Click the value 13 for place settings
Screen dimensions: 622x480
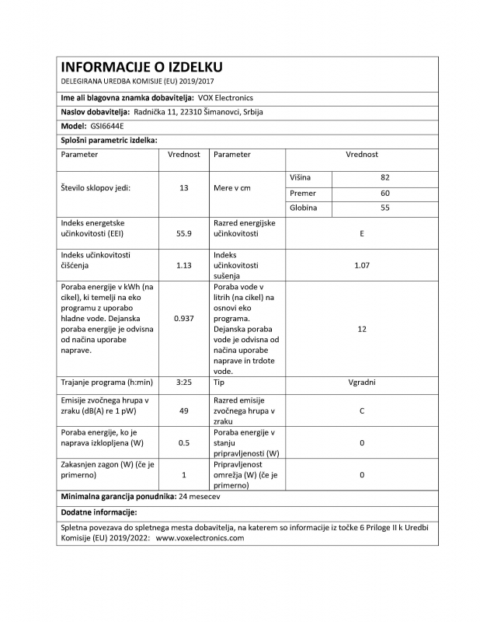pos(184,188)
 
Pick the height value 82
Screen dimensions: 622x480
pos(384,177)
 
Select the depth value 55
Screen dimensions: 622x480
pos(384,208)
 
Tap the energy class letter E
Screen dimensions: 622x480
pos(362,232)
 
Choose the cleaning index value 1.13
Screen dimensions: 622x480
pos(184,264)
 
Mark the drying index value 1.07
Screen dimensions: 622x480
pos(362,264)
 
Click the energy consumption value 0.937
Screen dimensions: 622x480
pos(184,318)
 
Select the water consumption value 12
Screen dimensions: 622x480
pos(362,329)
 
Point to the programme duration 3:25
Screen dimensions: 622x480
pos(184,383)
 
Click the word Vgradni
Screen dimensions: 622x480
pos(362,383)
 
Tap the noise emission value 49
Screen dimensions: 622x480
pos(184,410)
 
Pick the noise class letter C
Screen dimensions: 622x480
pos(362,410)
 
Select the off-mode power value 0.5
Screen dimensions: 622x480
pos(184,442)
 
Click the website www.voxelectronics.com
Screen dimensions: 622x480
pos(200,537)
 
